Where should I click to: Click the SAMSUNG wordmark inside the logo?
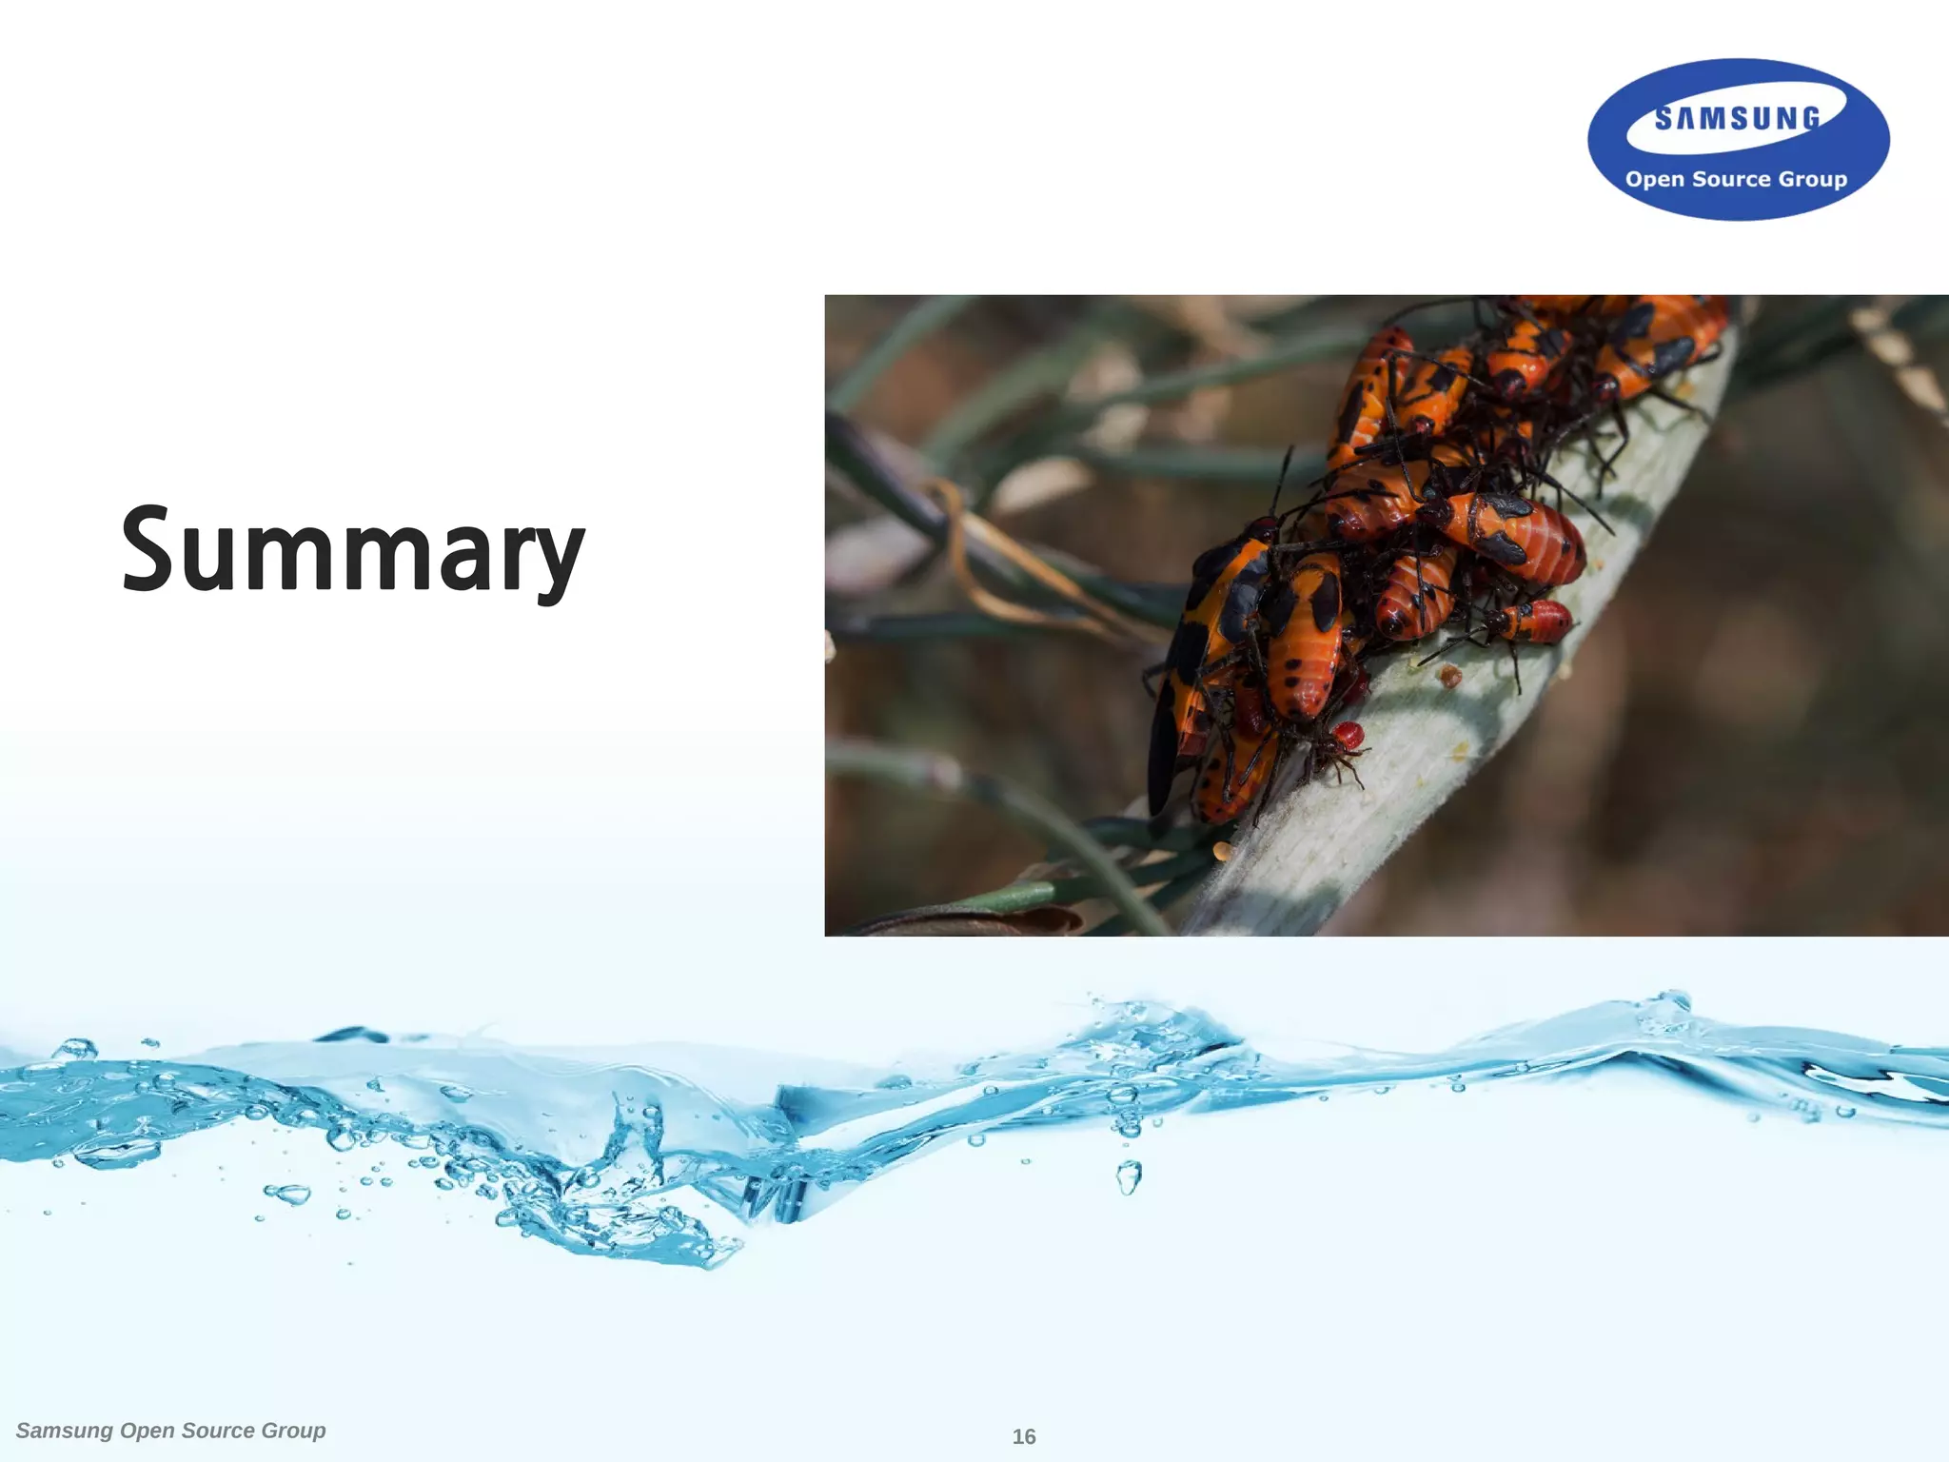(x=1737, y=118)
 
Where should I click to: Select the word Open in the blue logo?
(x=1655, y=180)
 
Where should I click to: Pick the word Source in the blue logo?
(x=1730, y=179)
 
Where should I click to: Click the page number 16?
(x=1024, y=1436)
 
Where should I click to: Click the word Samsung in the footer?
(x=65, y=1431)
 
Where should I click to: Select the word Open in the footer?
(x=148, y=1431)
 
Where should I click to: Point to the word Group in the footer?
(x=293, y=1431)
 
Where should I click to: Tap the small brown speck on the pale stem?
(x=1449, y=677)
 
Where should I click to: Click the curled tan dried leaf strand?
(x=990, y=562)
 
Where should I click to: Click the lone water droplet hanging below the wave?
(x=1129, y=1177)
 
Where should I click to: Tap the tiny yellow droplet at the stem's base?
(x=1222, y=850)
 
